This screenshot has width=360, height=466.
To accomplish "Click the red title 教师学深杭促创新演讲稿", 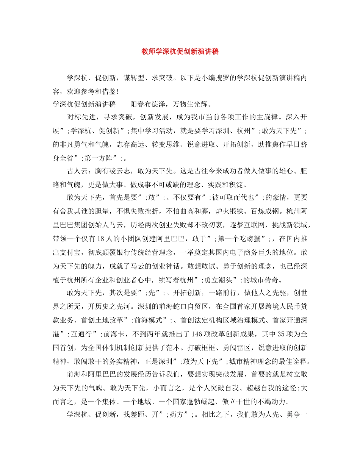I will point(180,52).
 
